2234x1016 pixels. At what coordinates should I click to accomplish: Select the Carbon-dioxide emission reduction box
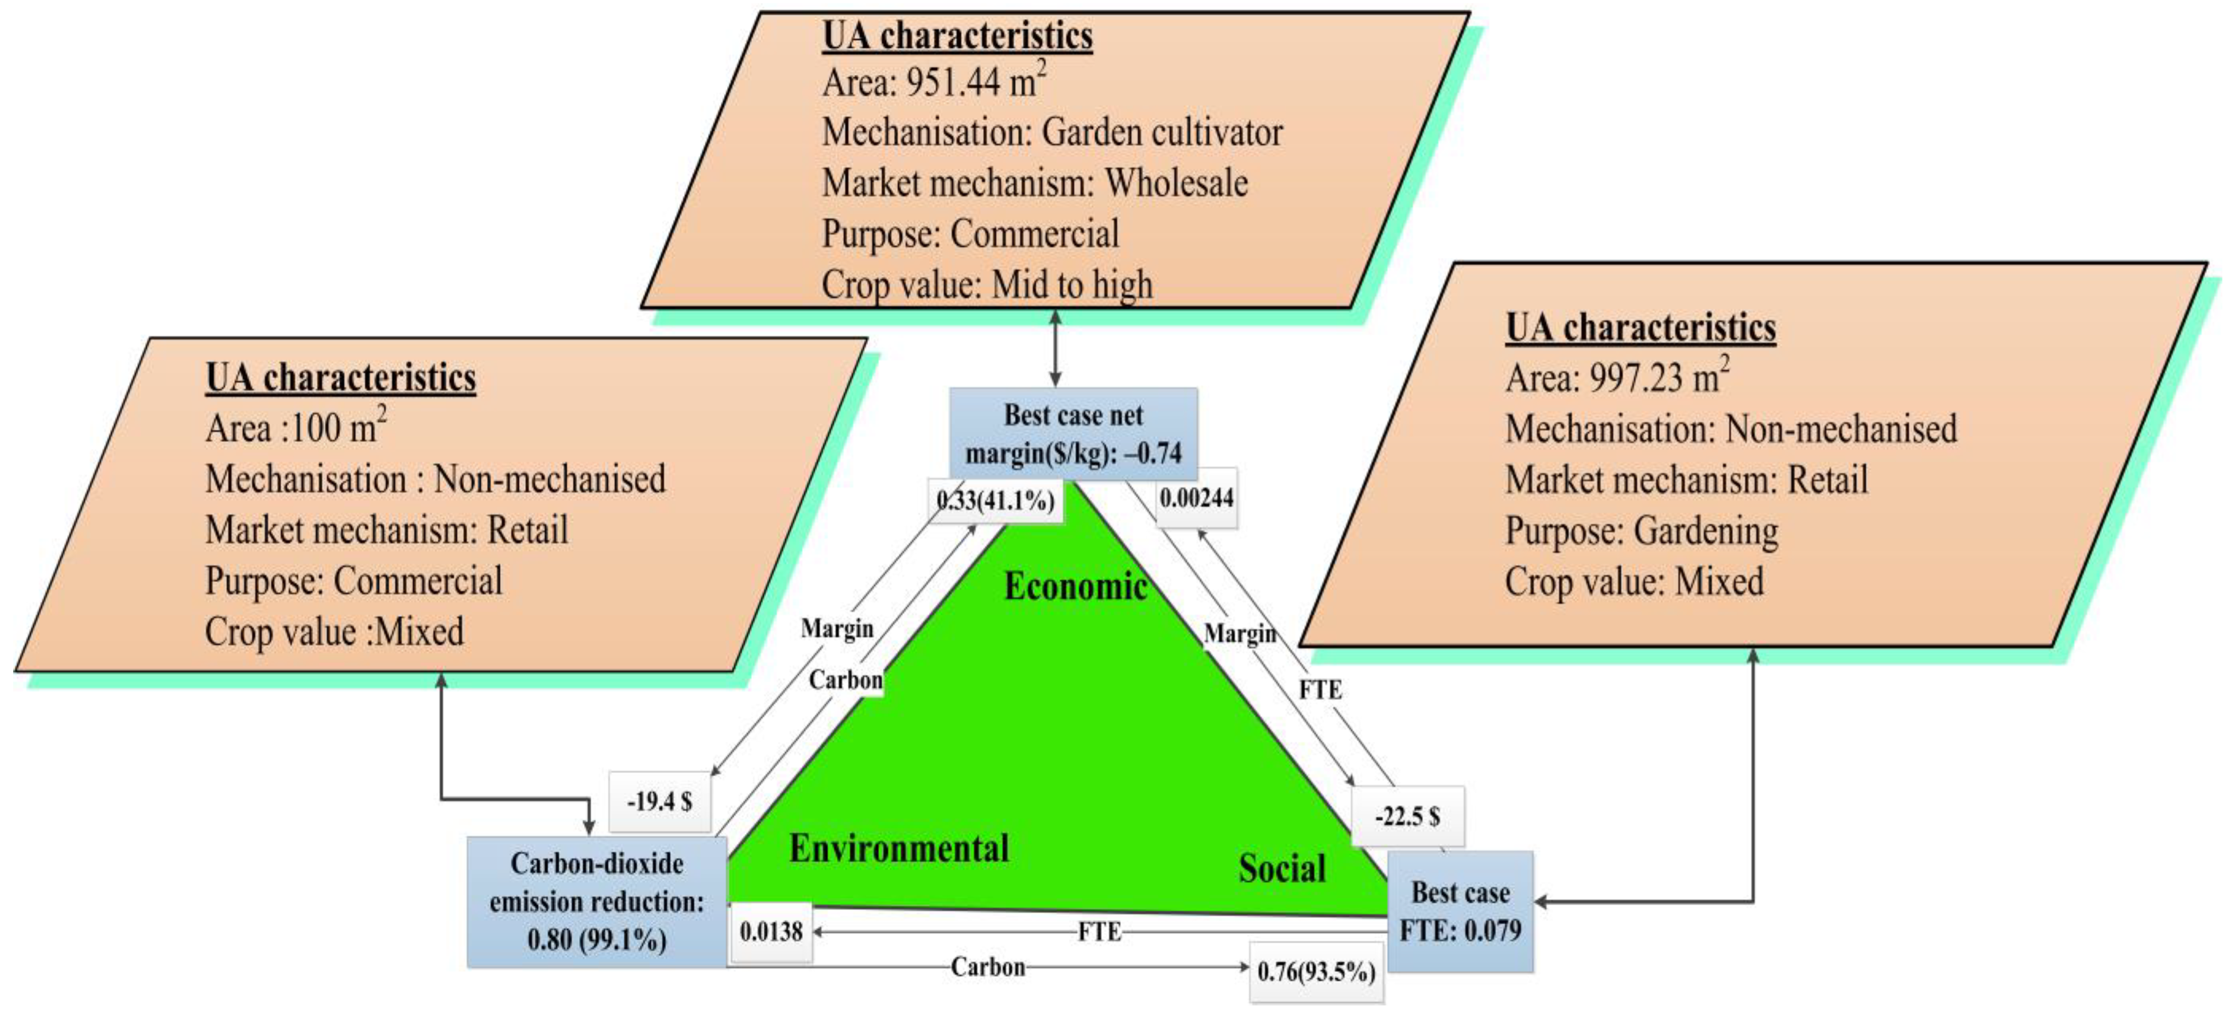[597, 901]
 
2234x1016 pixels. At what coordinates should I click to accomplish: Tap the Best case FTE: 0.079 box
[1460, 911]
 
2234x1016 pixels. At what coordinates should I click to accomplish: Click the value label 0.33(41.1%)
[996, 501]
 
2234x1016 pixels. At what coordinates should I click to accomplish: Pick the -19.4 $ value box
[660, 801]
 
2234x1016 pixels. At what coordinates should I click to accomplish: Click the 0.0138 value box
[771, 932]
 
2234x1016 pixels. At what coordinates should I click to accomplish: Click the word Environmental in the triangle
[899, 848]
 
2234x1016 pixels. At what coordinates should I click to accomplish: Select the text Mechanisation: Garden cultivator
[1052, 133]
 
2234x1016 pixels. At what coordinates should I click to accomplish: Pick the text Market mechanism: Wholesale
[1035, 183]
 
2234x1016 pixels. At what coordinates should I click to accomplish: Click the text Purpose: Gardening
[1642, 531]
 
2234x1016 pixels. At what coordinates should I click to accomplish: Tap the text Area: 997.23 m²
[1617, 378]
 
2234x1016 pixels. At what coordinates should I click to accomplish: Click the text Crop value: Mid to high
[987, 285]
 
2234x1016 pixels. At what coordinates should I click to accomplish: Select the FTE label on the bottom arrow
[1099, 932]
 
